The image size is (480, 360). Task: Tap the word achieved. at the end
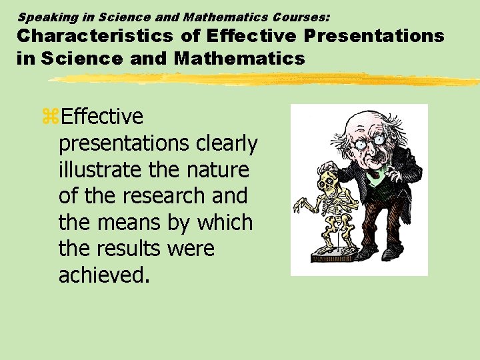tap(103, 275)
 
